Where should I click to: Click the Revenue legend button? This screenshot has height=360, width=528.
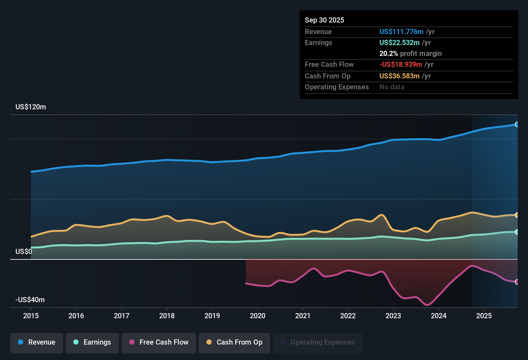click(37, 342)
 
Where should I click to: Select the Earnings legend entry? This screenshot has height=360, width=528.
click(92, 342)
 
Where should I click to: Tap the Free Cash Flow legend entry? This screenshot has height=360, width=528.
click(159, 342)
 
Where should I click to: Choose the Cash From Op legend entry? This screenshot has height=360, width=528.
click(234, 342)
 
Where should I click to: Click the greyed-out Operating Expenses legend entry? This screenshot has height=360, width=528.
click(318, 342)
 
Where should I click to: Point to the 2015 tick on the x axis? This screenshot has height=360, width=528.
click(31, 316)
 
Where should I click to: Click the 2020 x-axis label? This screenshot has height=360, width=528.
click(258, 316)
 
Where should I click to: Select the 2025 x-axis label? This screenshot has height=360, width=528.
click(484, 316)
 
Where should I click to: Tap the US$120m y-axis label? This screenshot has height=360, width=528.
click(31, 107)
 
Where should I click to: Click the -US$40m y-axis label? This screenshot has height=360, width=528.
click(30, 300)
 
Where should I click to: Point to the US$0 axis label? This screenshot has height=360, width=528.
click(24, 251)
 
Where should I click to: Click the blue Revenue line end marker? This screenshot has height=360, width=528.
click(517, 124)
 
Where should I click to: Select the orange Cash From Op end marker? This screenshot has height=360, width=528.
click(517, 215)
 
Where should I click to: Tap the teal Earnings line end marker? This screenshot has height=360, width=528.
click(517, 232)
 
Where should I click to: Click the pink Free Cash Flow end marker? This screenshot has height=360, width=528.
click(517, 282)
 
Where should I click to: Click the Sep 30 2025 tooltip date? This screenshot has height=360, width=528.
click(324, 20)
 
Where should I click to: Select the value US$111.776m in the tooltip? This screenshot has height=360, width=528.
click(401, 32)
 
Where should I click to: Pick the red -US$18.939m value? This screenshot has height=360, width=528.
click(401, 64)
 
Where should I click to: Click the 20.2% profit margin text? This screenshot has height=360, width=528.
click(410, 53)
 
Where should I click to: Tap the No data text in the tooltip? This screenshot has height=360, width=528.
click(392, 87)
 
